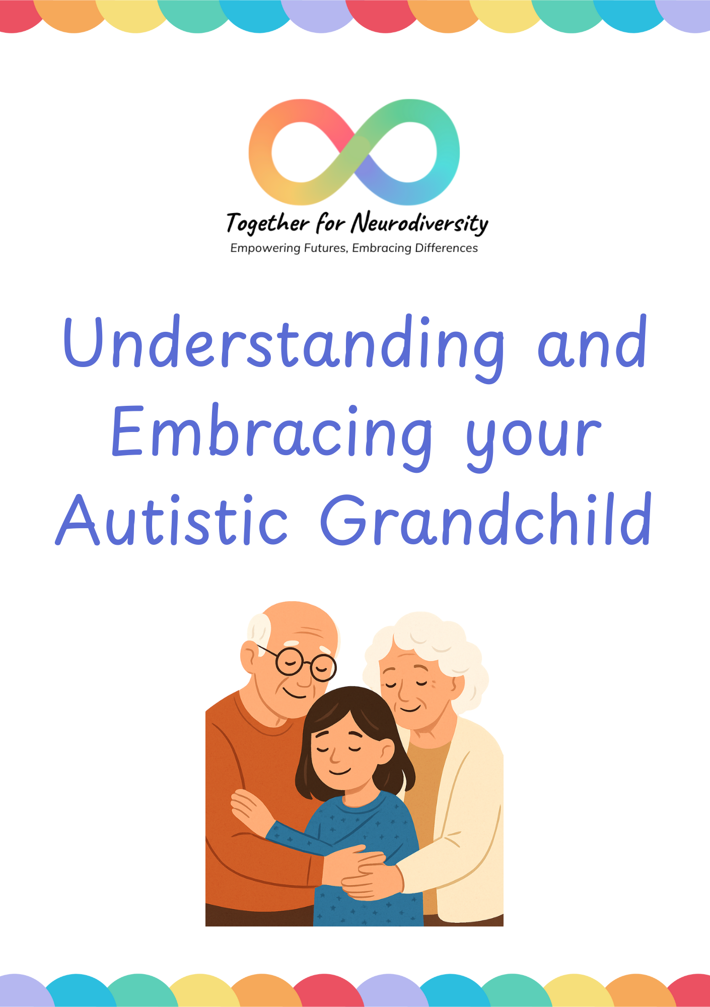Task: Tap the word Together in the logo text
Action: tap(267, 223)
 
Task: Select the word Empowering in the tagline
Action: tap(265, 248)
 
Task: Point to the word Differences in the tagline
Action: tap(446, 248)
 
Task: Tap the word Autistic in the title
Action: tap(172, 520)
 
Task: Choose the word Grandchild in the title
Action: tap(486, 520)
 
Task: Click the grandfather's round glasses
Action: tap(304, 662)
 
